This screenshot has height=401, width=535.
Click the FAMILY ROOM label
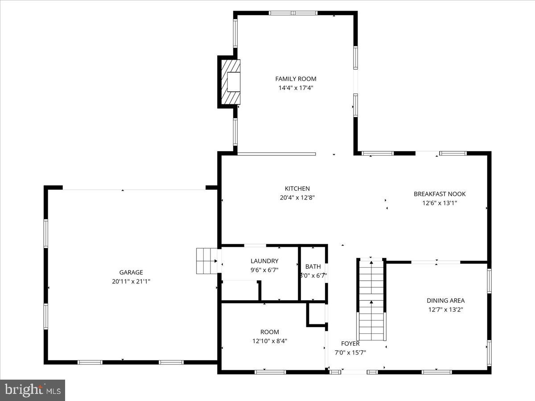pyautogui.click(x=296, y=79)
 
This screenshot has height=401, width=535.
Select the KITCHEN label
pyautogui.click(x=297, y=188)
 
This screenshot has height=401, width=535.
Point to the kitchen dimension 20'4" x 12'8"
pyautogui.click(x=297, y=198)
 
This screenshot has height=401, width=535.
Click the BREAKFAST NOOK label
pyautogui.click(x=440, y=194)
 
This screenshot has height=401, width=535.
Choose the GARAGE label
pyautogui.click(x=131, y=272)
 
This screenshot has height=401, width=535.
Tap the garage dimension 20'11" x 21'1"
pyautogui.click(x=131, y=282)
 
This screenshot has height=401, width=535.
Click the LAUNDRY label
pyautogui.click(x=264, y=261)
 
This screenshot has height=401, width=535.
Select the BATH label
pyautogui.click(x=313, y=266)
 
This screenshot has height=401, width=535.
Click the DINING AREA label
pyautogui.click(x=445, y=301)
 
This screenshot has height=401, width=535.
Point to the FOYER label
pyautogui.click(x=350, y=344)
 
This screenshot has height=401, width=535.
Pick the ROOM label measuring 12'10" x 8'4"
pyautogui.click(x=270, y=332)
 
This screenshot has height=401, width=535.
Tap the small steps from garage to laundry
pyautogui.click(x=206, y=261)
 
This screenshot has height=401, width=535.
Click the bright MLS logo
pyautogui.click(x=33, y=390)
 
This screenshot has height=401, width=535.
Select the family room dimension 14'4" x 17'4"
pyautogui.click(x=296, y=88)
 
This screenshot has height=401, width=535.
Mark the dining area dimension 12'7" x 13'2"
pyautogui.click(x=445, y=310)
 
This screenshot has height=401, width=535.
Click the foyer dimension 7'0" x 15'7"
pyautogui.click(x=350, y=352)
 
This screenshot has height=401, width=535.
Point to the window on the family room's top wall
pyautogui.click(x=293, y=13)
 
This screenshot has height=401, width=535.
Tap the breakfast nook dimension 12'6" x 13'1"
pyautogui.click(x=440, y=203)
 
